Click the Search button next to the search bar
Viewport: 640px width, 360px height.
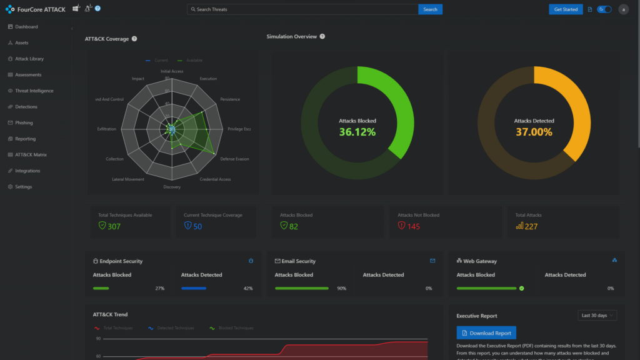pos(430,9)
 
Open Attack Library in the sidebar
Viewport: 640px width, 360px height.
pos(29,59)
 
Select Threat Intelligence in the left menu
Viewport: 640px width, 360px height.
pos(34,91)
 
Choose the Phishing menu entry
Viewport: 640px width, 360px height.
pos(24,123)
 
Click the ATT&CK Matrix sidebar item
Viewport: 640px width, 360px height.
pos(31,155)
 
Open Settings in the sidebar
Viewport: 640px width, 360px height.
pos(23,187)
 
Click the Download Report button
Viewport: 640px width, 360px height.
pos(486,333)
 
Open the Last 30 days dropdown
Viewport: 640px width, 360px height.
pos(597,316)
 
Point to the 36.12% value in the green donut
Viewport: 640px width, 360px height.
pos(357,132)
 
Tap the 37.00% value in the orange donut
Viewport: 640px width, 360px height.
pos(534,132)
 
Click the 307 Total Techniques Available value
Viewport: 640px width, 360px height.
pos(114,226)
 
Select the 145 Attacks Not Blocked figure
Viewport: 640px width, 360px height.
pos(413,226)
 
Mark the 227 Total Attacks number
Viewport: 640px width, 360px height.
pos(531,226)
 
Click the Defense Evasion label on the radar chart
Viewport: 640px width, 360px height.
pos(234,159)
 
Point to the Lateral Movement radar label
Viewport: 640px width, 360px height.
pos(128,179)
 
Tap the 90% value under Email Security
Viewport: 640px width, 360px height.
pos(341,288)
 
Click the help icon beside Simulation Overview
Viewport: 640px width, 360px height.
pos(322,36)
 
